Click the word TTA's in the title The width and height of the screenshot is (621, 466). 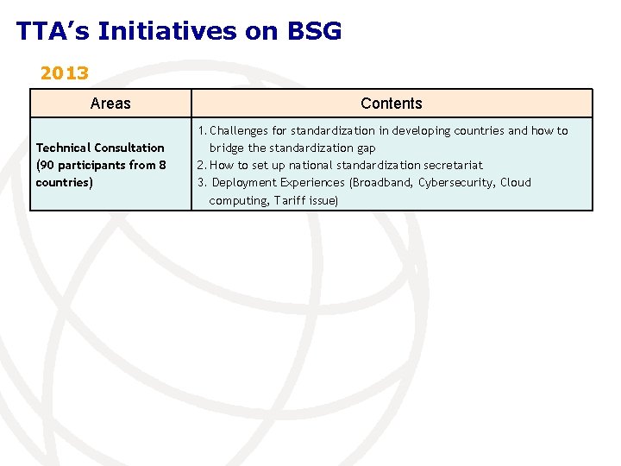[53, 32]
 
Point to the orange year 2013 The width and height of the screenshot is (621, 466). [65, 73]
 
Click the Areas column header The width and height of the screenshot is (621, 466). [110, 104]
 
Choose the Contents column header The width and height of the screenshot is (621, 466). [391, 104]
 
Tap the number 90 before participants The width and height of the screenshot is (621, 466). [48, 165]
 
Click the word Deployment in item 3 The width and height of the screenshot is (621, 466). [244, 183]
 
